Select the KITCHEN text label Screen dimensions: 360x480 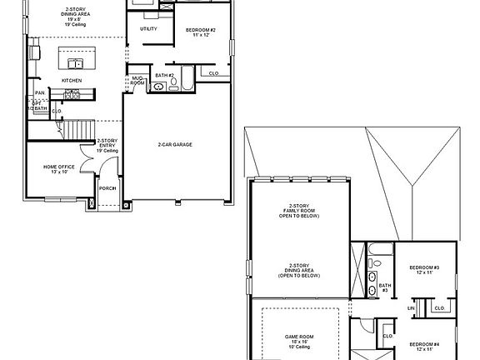(72, 80)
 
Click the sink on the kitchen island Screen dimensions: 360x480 (75, 62)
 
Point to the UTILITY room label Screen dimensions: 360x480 (148, 29)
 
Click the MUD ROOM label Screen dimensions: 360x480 (137, 81)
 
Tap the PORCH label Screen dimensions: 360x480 (107, 188)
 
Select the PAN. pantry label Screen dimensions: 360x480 (39, 92)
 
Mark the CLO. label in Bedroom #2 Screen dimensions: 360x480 (213, 73)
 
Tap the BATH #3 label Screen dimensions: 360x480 (384, 287)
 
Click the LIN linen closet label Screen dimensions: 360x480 (411, 307)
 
